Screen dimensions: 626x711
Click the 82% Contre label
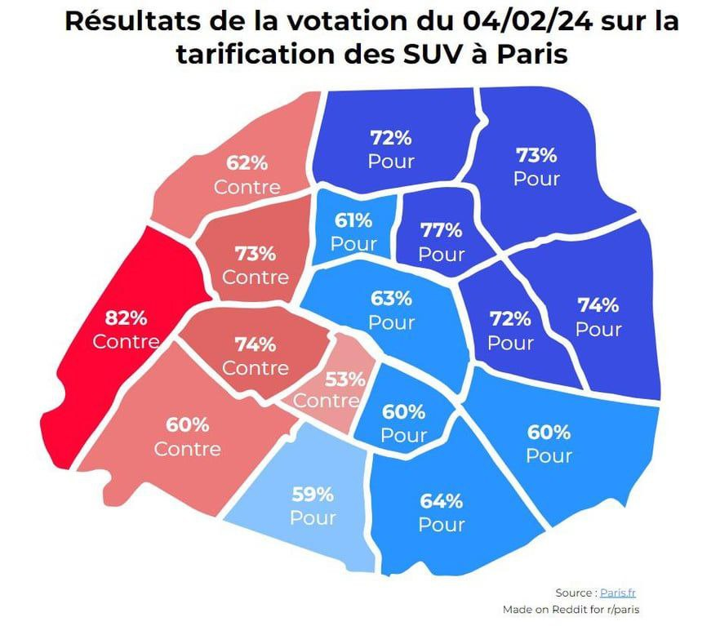[125, 329]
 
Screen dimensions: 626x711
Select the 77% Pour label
[441, 242]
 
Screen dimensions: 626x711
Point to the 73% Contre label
[256, 265]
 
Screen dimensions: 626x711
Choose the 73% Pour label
[536, 166]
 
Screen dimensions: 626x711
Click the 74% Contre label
[256, 356]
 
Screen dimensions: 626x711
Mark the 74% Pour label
[598, 317]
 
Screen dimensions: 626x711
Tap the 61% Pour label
[353, 232]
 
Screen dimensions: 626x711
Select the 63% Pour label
[392, 310]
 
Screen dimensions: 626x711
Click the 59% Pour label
[313, 505]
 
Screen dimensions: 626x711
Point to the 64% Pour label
[442, 512]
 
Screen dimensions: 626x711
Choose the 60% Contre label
[188, 437]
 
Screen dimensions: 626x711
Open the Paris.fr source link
[617, 593]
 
